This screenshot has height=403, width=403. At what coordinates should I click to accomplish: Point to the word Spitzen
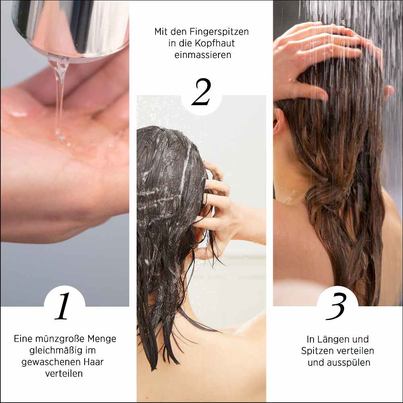316,351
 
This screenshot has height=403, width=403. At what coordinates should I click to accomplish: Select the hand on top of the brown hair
318,52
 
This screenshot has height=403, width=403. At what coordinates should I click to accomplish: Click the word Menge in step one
103,339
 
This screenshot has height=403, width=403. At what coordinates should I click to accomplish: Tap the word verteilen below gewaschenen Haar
64,374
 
